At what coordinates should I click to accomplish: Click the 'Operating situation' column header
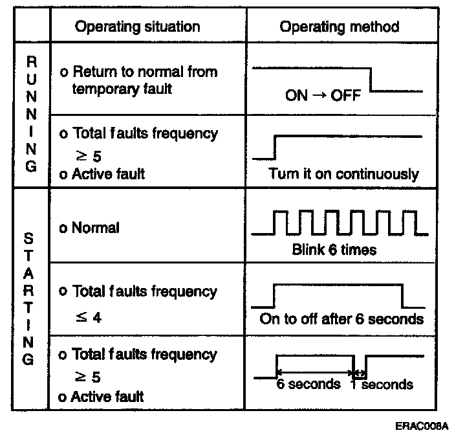(137, 27)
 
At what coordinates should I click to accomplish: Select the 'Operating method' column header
(339, 27)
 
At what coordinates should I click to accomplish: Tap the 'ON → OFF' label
(323, 96)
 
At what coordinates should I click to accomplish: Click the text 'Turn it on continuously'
(343, 174)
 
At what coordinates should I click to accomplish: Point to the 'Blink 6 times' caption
(334, 249)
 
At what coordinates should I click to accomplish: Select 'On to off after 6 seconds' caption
(341, 318)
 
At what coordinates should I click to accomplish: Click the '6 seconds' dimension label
(308, 384)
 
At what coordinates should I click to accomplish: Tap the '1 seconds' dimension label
(382, 385)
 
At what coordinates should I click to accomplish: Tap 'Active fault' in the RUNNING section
(108, 173)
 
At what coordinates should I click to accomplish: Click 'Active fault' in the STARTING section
(108, 396)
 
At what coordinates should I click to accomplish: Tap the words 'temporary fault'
(122, 89)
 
